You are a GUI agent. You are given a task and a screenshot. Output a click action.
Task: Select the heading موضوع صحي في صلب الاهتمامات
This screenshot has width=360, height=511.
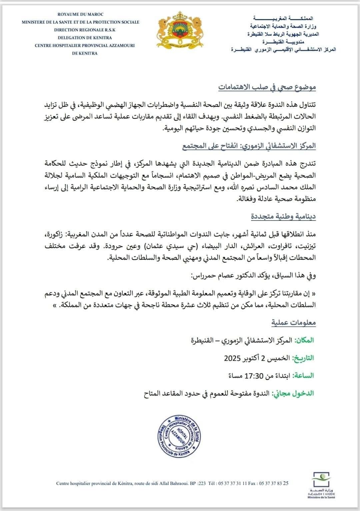click(x=267, y=88)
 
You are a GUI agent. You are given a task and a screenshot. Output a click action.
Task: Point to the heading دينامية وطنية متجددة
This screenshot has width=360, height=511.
click(x=283, y=217)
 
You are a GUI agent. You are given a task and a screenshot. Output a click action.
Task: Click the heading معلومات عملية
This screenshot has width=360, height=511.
click(x=293, y=322)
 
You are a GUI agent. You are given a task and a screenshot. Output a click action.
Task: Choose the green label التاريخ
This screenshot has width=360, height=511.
click(x=303, y=358)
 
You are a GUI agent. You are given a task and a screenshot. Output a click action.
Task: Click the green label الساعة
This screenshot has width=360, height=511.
click(x=304, y=375)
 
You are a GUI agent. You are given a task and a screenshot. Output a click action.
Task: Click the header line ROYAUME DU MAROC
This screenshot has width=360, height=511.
click(x=80, y=14)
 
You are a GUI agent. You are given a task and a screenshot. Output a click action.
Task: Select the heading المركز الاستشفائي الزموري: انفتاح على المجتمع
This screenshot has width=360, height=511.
click(x=249, y=146)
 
